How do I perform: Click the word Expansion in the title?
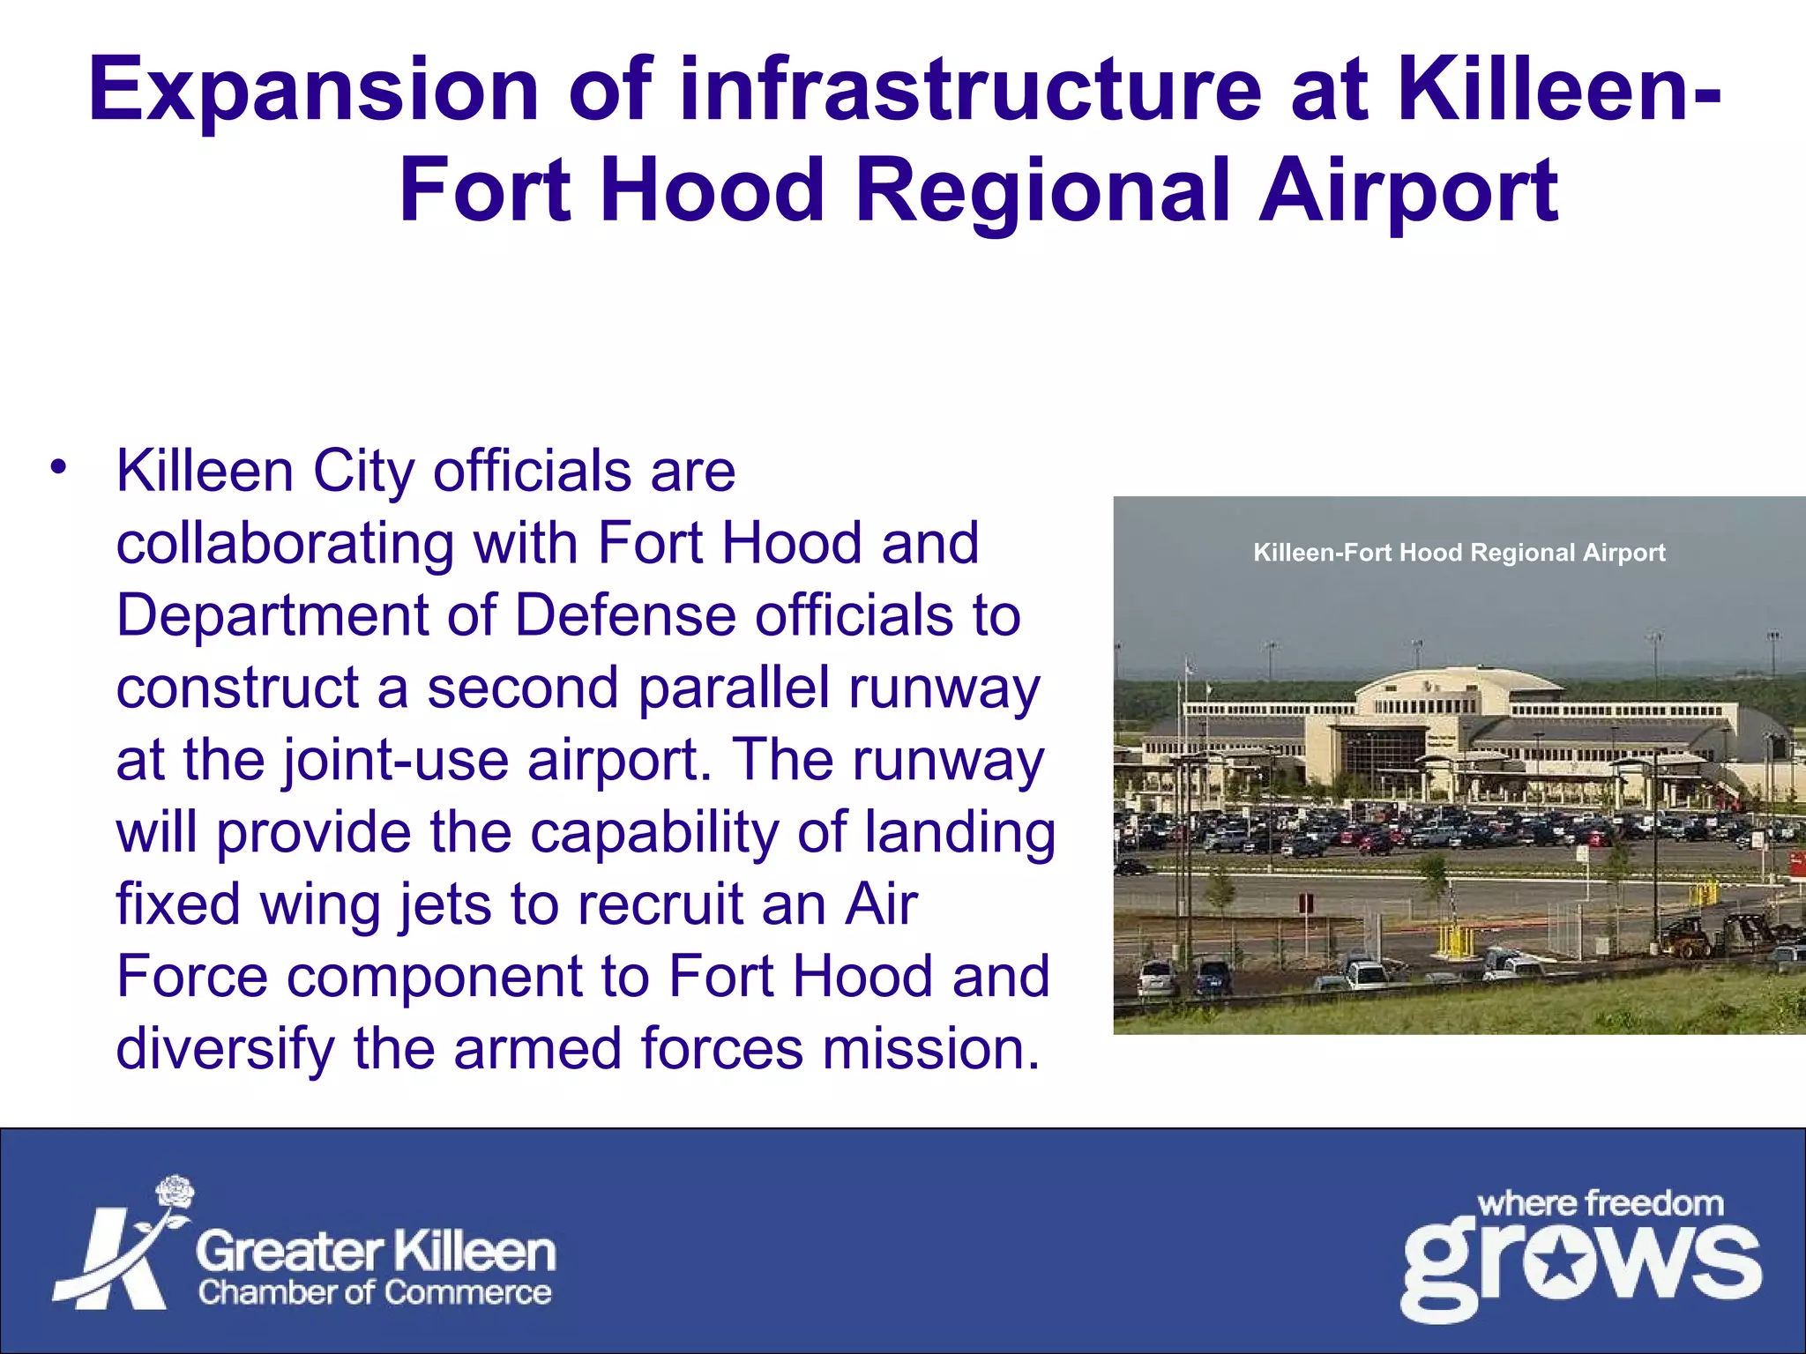313,91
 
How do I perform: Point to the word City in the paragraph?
362,472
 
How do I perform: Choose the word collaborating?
285,543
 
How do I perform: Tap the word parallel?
734,688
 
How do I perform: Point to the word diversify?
225,1050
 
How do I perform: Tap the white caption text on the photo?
1459,553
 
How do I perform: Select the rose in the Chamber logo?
175,1192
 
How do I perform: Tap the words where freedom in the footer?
1600,1203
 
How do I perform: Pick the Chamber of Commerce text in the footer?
375,1292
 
